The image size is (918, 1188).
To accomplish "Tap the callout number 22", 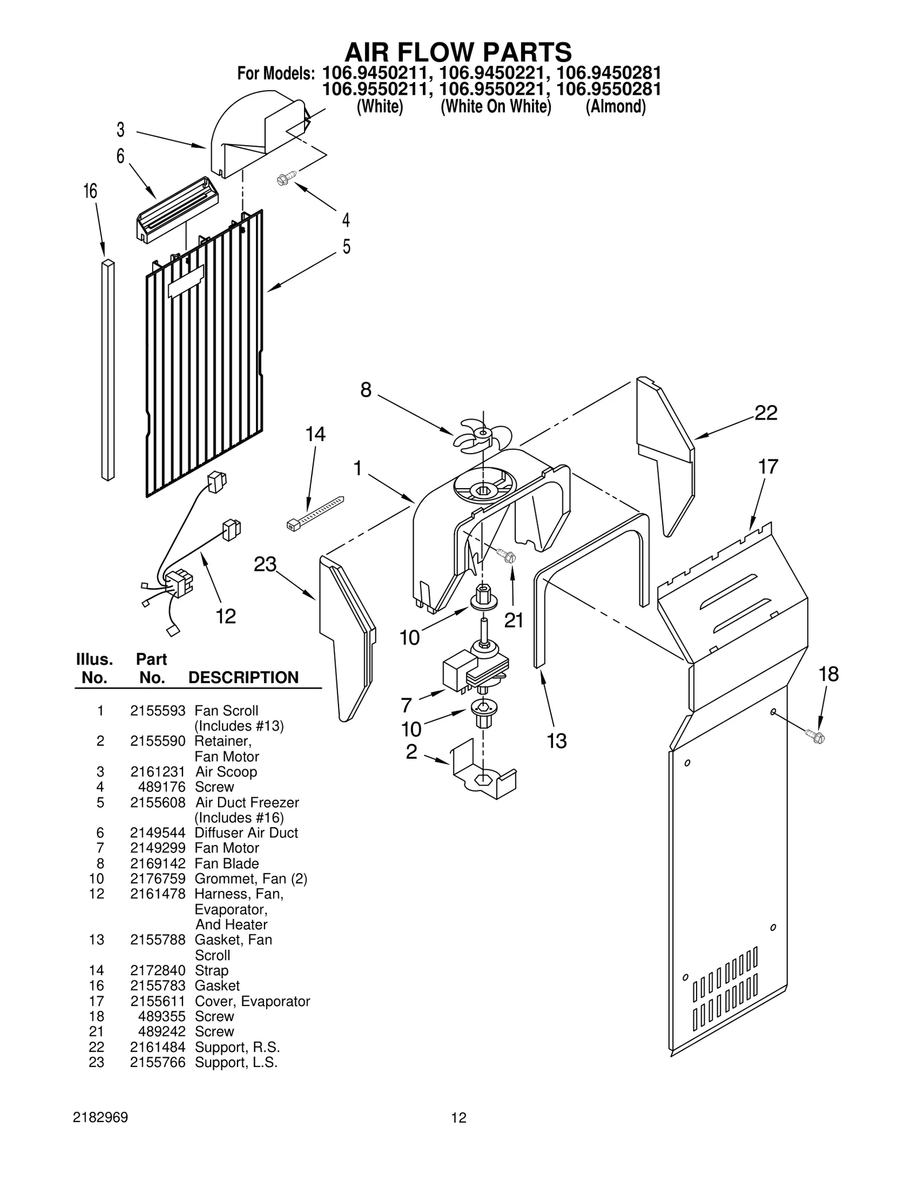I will click(765, 413).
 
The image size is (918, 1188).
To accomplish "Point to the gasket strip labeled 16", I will click(108, 370).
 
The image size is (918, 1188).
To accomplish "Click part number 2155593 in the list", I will click(157, 711).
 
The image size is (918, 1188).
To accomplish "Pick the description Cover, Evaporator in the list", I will click(252, 1001).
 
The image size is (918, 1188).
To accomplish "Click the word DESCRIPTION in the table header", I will click(243, 677).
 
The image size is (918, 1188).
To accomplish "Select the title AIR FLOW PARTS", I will click(458, 52).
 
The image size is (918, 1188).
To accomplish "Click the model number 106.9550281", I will click(609, 89).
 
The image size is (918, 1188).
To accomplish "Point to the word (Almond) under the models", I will click(615, 107).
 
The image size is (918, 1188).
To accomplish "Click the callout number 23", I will click(265, 564).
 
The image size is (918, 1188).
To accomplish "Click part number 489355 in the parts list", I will click(162, 1016).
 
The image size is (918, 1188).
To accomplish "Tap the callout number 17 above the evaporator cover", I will click(768, 467).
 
